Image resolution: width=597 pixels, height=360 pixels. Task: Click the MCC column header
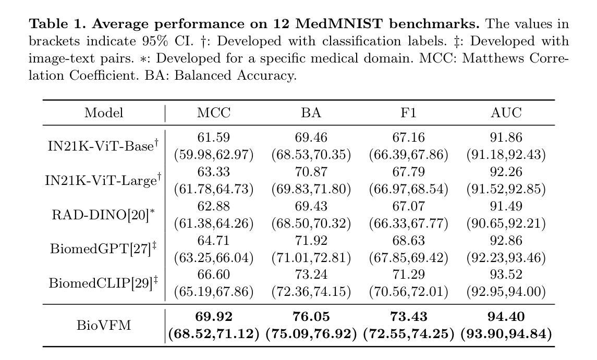click(x=214, y=113)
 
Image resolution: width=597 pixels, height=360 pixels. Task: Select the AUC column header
click(x=506, y=113)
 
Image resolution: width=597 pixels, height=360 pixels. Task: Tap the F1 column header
click(x=409, y=113)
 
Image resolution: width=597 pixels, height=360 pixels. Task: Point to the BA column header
click(x=311, y=113)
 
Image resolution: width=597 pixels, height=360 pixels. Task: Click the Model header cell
click(x=104, y=113)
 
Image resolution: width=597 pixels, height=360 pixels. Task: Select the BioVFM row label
click(x=104, y=326)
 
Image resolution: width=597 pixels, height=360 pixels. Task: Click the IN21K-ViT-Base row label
click(x=103, y=146)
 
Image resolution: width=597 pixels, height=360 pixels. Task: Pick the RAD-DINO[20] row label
click(x=103, y=215)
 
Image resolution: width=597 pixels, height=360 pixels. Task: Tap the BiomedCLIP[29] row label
click(x=103, y=283)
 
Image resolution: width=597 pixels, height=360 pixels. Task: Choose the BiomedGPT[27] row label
click(x=103, y=249)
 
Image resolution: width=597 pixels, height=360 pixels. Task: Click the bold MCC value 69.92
click(x=214, y=317)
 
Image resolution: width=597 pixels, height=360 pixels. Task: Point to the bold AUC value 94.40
click(x=506, y=317)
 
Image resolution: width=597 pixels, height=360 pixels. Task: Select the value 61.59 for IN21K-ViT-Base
click(x=214, y=138)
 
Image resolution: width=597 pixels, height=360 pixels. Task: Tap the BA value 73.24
click(x=311, y=275)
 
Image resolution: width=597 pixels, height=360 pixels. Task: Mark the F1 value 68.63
click(x=409, y=241)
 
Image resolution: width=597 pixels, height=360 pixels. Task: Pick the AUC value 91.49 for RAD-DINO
click(x=506, y=206)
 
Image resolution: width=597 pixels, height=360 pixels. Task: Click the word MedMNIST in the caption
click(x=339, y=24)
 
